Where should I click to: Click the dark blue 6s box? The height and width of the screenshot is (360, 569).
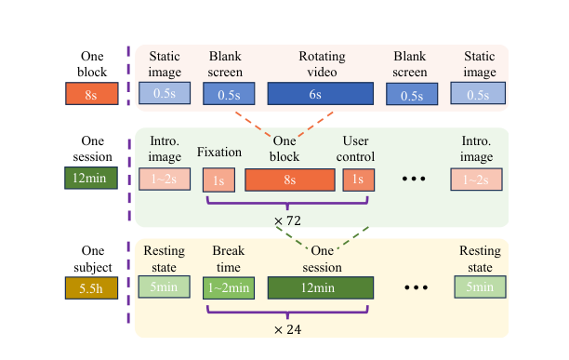(x=321, y=94)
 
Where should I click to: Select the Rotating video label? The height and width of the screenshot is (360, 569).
(x=322, y=64)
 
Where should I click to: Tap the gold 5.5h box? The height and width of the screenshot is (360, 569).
(x=91, y=288)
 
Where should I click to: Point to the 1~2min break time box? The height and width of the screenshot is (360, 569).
(x=229, y=288)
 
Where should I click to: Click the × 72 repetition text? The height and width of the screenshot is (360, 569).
(x=287, y=220)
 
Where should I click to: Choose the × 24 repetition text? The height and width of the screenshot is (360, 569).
(x=287, y=329)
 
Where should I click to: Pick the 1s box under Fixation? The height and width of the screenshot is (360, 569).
(x=218, y=180)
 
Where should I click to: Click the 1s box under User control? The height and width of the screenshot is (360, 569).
(x=359, y=180)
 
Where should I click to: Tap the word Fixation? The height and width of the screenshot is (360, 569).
(x=219, y=152)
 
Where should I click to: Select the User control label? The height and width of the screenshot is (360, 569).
(x=355, y=149)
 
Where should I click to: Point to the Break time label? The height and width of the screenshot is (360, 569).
(x=229, y=259)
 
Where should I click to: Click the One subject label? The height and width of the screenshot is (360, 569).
(x=93, y=259)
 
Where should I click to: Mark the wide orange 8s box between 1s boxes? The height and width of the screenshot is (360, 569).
(x=290, y=180)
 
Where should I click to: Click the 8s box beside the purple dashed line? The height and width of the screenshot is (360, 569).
(x=92, y=94)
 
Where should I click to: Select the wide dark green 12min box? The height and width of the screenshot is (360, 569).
(x=321, y=287)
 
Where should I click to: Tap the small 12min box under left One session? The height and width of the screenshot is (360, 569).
(x=91, y=178)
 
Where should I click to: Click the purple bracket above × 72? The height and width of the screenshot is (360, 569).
(x=287, y=203)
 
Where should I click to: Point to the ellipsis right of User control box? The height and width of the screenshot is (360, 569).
(x=414, y=179)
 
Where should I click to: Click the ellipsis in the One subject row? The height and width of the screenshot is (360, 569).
(x=416, y=287)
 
